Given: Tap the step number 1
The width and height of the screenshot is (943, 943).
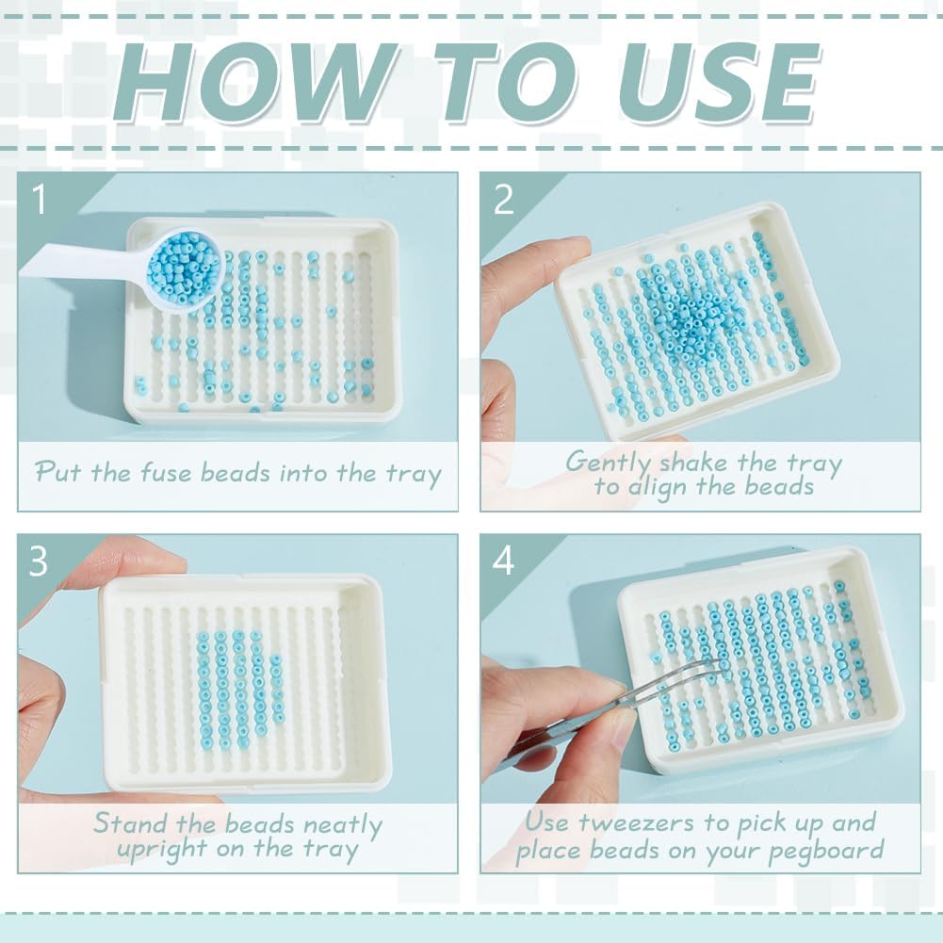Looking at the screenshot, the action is (39, 200).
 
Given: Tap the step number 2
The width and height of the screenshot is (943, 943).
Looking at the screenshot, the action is (503, 200).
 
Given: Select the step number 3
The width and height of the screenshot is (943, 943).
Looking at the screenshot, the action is (39, 561).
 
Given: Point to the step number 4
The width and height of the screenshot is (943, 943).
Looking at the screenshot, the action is (503, 561).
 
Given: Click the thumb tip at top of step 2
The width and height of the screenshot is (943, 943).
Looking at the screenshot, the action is (571, 247).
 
